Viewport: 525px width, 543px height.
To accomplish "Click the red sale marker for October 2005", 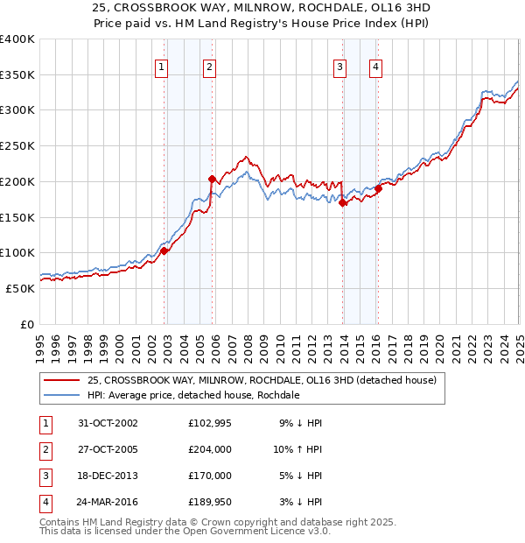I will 212,179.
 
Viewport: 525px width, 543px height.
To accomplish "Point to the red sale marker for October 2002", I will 164,250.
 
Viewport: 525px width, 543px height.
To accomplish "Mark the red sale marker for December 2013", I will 343,203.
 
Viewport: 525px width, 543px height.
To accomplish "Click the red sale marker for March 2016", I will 379,188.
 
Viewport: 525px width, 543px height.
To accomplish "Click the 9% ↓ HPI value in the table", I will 301,423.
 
